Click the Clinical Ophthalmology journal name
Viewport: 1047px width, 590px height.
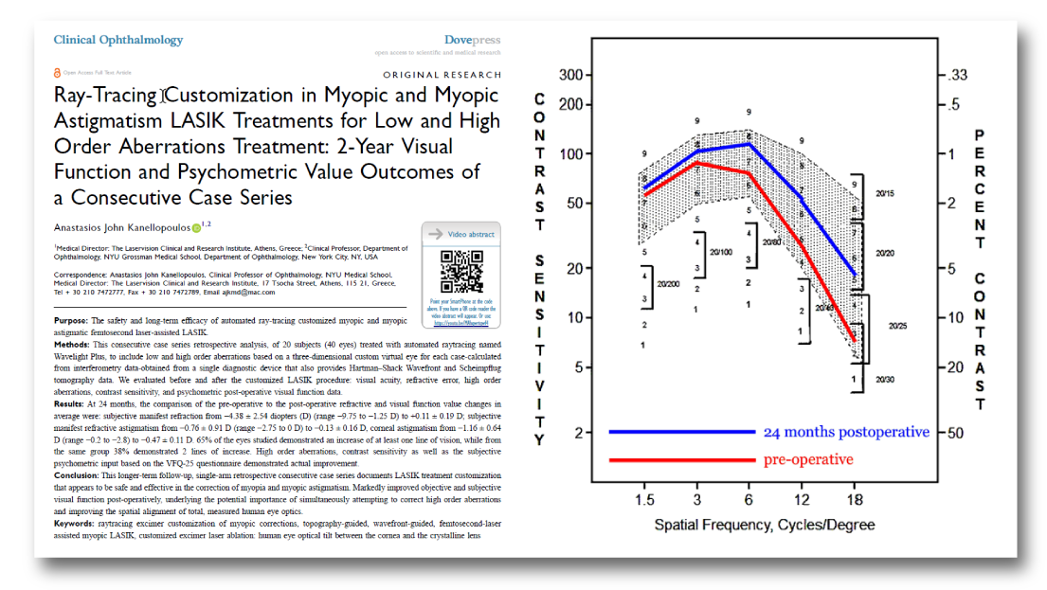[x=118, y=40]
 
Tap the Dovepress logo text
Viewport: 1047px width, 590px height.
[x=472, y=40]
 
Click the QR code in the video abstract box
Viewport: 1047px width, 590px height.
[x=460, y=271]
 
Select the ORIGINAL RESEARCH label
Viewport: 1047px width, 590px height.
[x=441, y=74]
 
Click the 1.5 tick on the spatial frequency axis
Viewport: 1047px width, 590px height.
[x=644, y=497]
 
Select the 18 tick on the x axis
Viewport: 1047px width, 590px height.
[x=854, y=497]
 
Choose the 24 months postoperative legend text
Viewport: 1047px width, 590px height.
[x=845, y=432]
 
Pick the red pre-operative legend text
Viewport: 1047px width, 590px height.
[x=807, y=459]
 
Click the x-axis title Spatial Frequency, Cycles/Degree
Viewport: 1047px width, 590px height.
[x=765, y=524]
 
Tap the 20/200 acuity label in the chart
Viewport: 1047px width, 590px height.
[x=669, y=283]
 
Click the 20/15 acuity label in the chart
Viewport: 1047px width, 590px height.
[x=886, y=192]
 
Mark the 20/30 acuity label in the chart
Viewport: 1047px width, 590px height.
[x=884, y=379]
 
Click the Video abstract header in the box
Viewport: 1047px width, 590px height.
[x=470, y=234]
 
